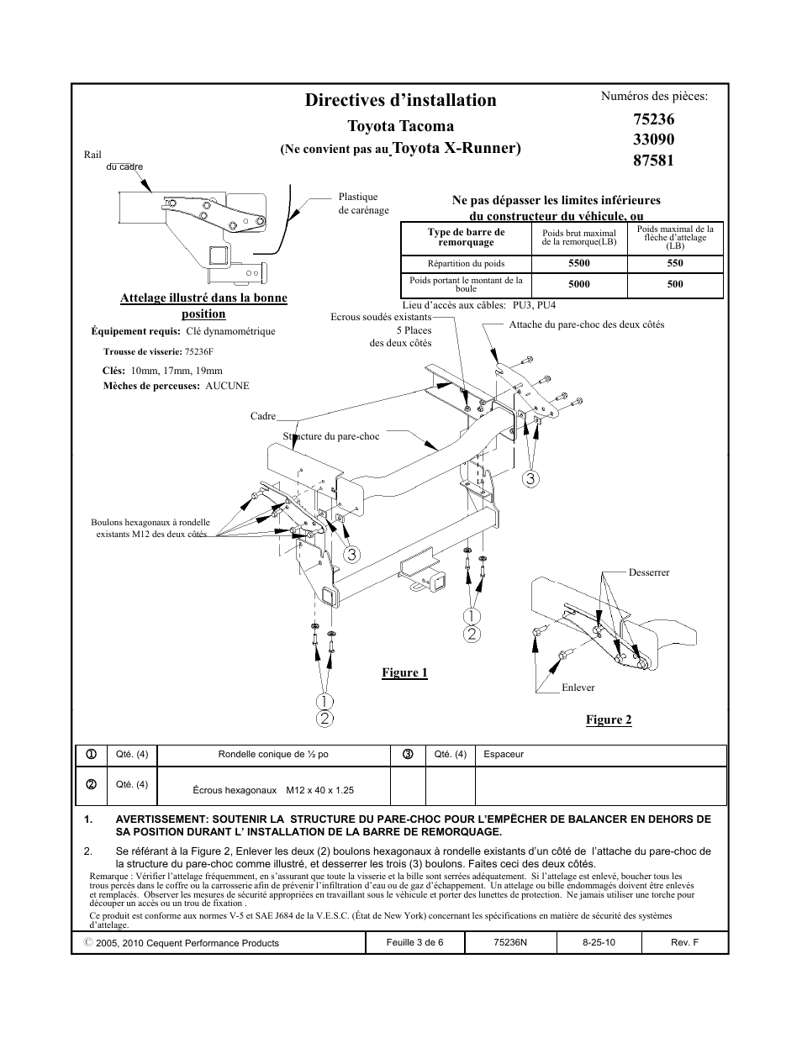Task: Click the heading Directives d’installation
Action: [400, 100]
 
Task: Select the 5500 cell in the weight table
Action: [578, 263]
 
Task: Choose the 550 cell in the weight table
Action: [674, 263]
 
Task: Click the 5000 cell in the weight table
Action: [578, 284]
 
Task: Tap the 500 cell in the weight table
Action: [674, 284]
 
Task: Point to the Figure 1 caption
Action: [404, 672]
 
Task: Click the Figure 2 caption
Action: [608, 719]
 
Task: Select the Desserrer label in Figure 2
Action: [649, 572]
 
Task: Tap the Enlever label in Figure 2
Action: [578, 688]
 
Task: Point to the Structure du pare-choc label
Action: [331, 436]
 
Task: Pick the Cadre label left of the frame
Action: [263, 416]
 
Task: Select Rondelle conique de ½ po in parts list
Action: [273, 754]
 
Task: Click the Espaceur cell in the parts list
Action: [504, 754]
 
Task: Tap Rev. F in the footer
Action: [684, 942]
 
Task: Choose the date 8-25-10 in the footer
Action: [599, 942]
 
